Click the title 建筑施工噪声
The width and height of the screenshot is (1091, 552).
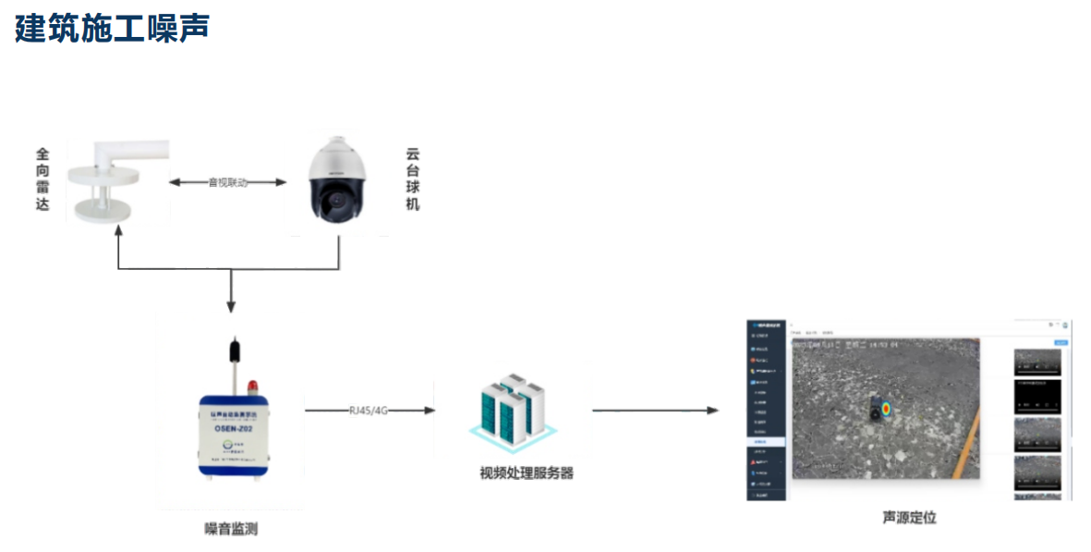[x=112, y=28]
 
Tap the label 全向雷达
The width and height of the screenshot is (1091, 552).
[x=42, y=178]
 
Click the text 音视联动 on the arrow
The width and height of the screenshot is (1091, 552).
[x=227, y=183]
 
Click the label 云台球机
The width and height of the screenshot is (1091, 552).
[x=412, y=178]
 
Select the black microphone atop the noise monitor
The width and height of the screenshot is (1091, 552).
[x=234, y=352]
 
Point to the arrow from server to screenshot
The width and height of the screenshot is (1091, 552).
[x=655, y=410]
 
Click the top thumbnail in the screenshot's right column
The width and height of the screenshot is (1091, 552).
[x=1036, y=362]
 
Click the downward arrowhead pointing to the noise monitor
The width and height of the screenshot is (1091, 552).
[x=231, y=306]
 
